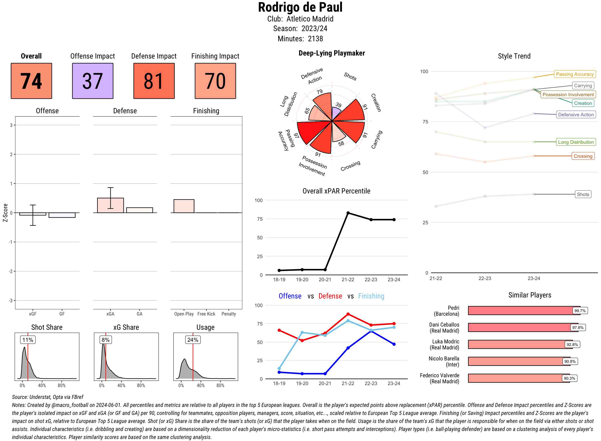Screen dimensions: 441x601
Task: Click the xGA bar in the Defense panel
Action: click(x=110, y=205)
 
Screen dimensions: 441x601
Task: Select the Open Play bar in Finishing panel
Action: click(x=184, y=206)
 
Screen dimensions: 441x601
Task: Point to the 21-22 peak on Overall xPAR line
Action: click(x=348, y=213)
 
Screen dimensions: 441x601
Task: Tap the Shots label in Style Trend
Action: click(x=583, y=194)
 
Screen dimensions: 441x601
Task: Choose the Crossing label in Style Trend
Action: click(x=583, y=156)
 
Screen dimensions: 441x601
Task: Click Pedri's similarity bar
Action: click(x=520, y=311)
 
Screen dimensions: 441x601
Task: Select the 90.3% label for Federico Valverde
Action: click(x=569, y=378)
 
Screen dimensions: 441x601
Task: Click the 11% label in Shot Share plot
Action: click(x=28, y=340)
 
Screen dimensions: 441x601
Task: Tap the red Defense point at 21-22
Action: click(x=348, y=314)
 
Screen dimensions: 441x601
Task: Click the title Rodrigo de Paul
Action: click(x=300, y=7)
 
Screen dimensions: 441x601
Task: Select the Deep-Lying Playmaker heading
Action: click(x=332, y=53)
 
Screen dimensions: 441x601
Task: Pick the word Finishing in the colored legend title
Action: click(x=371, y=296)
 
